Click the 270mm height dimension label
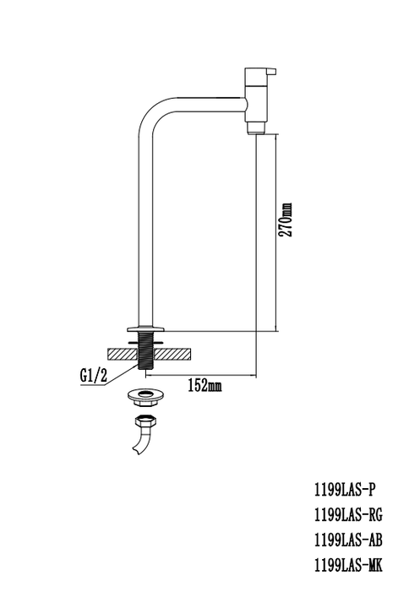pos(286,220)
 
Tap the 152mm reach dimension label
pos(203,386)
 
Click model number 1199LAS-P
pos(342,488)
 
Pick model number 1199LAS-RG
pos(346,514)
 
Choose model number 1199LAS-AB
pos(346,541)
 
